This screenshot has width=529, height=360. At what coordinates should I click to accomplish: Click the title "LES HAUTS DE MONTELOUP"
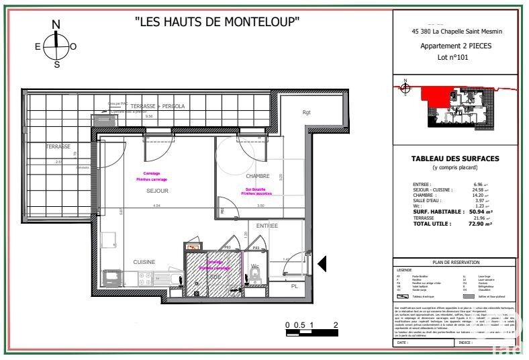[x=217, y=21]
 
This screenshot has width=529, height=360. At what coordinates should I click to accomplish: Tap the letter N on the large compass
[x=56, y=25]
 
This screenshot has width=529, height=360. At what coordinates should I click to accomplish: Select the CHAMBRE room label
[x=257, y=176]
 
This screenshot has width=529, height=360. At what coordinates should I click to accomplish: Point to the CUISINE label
[x=144, y=262]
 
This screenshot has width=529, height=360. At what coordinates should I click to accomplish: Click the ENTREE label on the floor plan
[x=267, y=226]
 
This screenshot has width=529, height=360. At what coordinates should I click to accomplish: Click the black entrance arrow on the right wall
[x=322, y=263]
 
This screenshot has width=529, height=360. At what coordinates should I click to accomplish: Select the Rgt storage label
[x=307, y=112]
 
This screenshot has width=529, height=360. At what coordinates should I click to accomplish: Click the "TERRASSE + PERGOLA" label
[x=157, y=106]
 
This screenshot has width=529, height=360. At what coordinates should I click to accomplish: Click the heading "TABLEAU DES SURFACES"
[x=455, y=159]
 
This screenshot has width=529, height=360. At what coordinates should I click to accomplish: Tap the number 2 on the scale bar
[x=335, y=324]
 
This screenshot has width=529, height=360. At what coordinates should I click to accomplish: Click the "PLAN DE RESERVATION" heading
[x=455, y=263]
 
